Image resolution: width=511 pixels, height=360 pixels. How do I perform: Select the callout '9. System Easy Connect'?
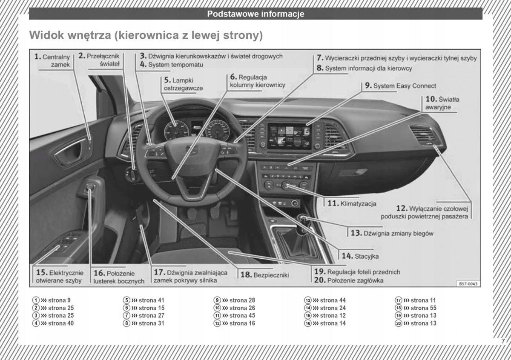pyautogui.click(x=400, y=86)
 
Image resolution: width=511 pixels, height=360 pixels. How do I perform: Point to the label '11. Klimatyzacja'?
pyautogui.click(x=352, y=203)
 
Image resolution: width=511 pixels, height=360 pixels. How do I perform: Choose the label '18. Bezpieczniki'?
pyautogui.click(x=264, y=275)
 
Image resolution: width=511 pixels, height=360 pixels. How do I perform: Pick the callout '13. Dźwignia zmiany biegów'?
pyautogui.click(x=392, y=233)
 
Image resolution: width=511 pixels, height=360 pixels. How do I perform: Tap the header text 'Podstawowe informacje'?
pyautogui.click(x=255, y=14)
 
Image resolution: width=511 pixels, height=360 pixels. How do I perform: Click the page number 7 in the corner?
pyautogui.click(x=503, y=341)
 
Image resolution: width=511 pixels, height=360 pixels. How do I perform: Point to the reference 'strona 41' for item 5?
pyautogui.click(x=147, y=300)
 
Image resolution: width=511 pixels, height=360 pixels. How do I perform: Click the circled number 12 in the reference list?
pyautogui.click(x=217, y=323)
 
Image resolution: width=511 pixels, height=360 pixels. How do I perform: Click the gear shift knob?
pyautogui.click(x=303, y=220)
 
